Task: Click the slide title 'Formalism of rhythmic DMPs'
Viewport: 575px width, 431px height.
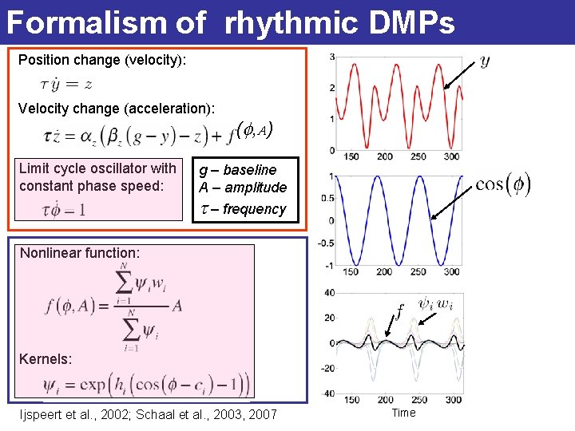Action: click(230, 22)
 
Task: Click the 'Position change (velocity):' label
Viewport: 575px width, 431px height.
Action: click(102, 60)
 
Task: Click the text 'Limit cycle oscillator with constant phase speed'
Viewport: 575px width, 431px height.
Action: click(97, 177)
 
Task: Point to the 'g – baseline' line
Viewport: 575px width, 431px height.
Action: click(237, 170)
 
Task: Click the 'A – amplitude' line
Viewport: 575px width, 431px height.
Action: click(243, 188)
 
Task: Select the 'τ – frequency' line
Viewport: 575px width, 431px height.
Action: click(243, 209)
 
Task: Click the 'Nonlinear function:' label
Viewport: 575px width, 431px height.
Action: click(80, 253)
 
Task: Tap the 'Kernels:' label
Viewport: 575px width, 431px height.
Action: click(46, 359)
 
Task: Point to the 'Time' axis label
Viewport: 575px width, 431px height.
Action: click(403, 413)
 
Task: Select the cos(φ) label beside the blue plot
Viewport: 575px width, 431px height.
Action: click(502, 184)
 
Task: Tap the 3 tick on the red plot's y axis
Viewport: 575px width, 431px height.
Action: click(332, 56)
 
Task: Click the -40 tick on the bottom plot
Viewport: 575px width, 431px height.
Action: click(327, 393)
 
